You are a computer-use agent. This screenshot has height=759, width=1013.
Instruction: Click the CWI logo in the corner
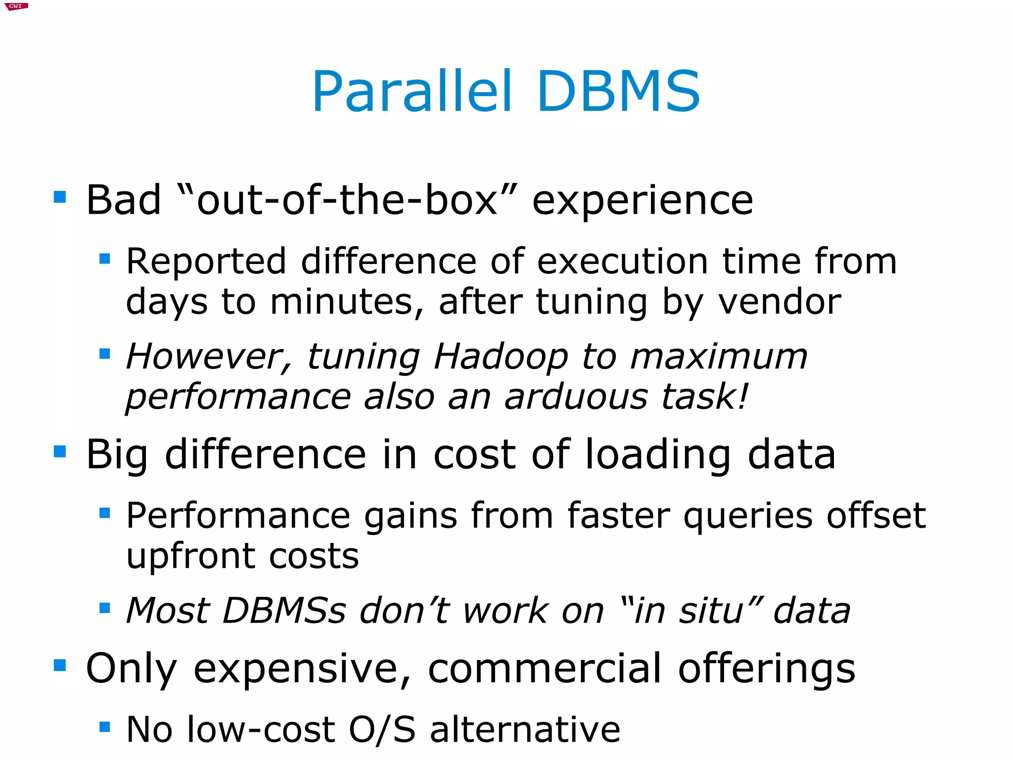tap(16, 6)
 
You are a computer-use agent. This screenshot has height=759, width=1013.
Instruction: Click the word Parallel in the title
tap(412, 92)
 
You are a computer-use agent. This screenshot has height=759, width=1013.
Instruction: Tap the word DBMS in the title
tap(618, 92)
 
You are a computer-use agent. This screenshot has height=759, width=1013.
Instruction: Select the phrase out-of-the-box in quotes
tap(347, 200)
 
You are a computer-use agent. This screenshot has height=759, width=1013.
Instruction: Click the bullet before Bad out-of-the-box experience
tap(60, 197)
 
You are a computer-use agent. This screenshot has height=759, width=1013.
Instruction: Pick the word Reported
tap(206, 262)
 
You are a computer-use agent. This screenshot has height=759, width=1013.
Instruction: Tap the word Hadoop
tap(501, 356)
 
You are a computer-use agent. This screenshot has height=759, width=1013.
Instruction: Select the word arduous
tap(575, 397)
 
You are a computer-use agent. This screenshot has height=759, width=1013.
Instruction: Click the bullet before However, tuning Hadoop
tap(104, 354)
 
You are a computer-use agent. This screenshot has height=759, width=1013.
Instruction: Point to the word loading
tap(658, 455)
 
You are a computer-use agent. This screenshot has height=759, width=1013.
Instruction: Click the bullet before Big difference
tap(60, 451)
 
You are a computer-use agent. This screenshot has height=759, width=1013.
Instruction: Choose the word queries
tap(747, 516)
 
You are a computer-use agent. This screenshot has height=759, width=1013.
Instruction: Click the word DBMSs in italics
tap(284, 611)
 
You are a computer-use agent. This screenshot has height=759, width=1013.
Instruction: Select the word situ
tap(710, 611)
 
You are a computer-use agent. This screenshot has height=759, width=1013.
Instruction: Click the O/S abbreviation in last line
tap(382, 729)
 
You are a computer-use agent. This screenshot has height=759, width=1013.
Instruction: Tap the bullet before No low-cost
tap(104, 727)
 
